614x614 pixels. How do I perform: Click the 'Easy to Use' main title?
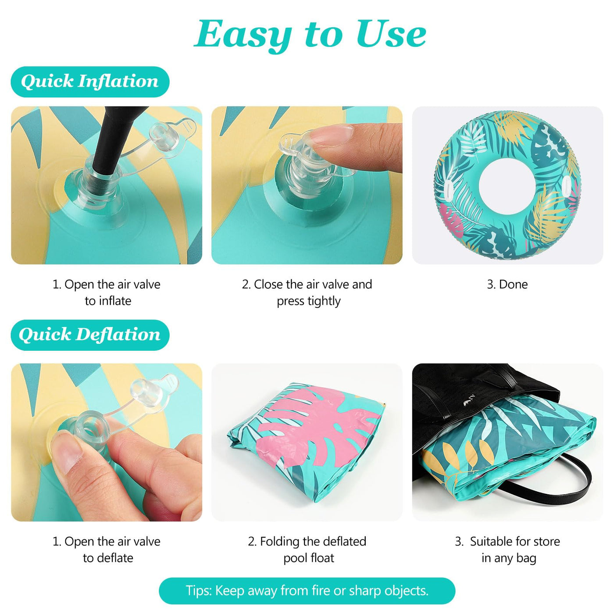310,34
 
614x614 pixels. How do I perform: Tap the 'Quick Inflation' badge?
90,82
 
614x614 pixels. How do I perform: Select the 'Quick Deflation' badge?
90,335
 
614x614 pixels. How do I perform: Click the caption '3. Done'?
507,284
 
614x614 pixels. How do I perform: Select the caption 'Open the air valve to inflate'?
107,293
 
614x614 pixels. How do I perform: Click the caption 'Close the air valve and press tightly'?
307,293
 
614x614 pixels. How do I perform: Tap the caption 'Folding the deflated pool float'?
307,550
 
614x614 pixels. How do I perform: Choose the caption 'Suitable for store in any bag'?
507,550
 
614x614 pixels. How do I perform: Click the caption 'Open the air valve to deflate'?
107,550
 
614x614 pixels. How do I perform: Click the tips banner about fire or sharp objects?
307,591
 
